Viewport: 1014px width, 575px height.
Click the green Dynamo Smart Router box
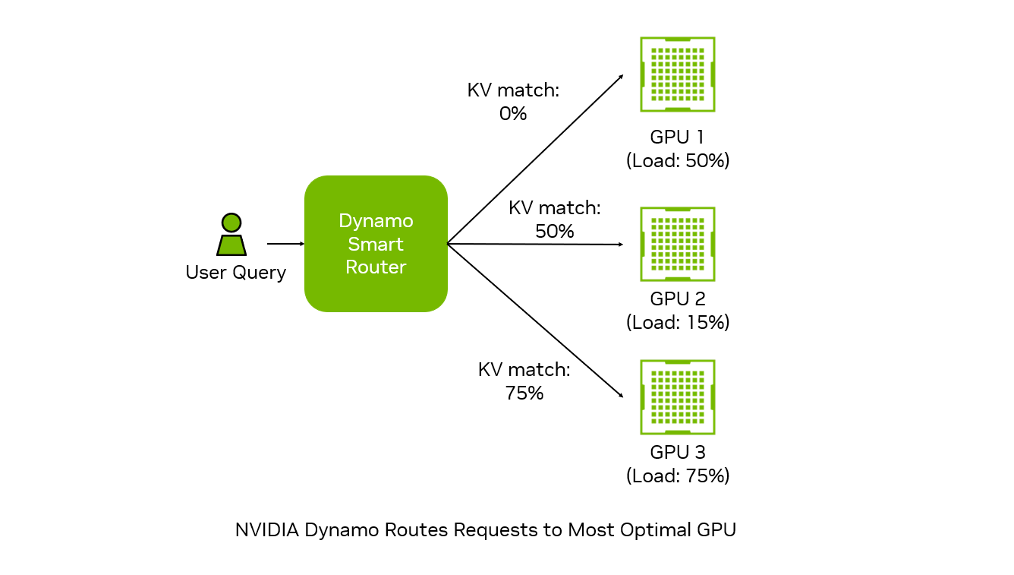tap(376, 243)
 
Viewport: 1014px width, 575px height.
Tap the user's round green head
tap(231, 223)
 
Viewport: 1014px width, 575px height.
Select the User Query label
tap(236, 273)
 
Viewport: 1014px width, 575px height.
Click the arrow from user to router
tap(285, 244)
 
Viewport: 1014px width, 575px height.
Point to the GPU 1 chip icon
tap(678, 74)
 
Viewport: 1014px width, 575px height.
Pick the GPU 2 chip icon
tap(678, 245)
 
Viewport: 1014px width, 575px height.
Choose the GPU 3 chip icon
tap(678, 397)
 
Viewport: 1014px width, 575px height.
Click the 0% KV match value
tap(513, 113)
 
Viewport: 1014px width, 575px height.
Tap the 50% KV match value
tap(555, 231)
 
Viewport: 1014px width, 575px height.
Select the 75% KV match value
tap(524, 393)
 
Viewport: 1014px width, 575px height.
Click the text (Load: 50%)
tap(678, 160)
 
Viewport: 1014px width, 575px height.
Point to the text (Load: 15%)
tap(678, 322)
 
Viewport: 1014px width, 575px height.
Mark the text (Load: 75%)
tap(678, 475)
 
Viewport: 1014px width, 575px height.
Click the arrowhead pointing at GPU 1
tap(622, 77)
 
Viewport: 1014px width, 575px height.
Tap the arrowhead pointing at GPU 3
tap(621, 396)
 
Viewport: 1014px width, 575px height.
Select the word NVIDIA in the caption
tap(267, 529)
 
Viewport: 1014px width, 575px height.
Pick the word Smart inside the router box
tap(375, 245)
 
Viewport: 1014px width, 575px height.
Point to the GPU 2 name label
tap(678, 299)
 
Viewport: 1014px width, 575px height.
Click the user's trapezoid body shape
tap(231, 245)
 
